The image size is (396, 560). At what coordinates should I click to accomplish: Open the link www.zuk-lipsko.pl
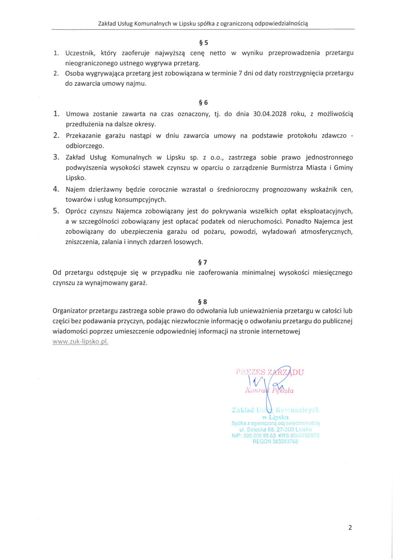click(80, 342)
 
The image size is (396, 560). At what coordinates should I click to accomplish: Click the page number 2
click(350, 528)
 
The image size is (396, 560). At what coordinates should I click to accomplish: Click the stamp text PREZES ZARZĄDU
click(270, 372)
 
